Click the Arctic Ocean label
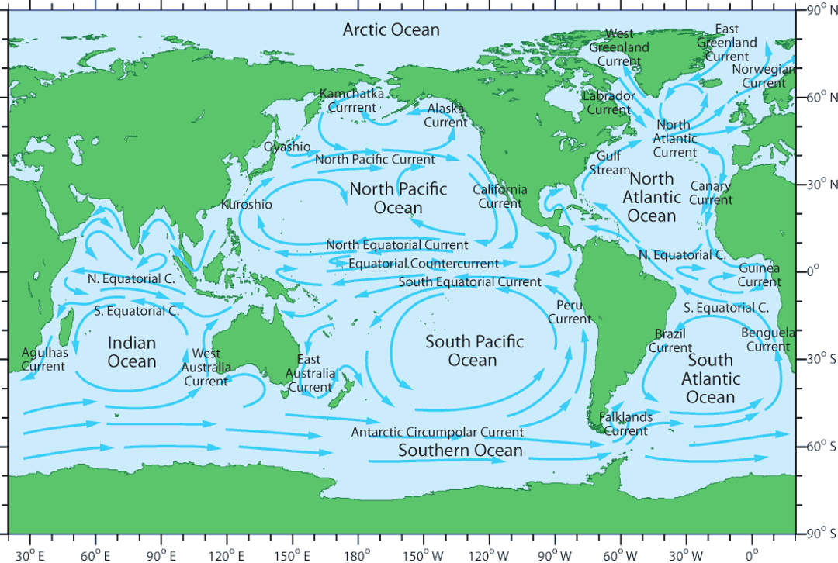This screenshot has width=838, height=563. point(391,30)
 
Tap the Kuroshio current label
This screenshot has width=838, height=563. point(247,205)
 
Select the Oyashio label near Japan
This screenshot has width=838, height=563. point(287,147)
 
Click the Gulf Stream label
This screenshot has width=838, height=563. point(610,163)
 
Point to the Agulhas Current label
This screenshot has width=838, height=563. point(44,359)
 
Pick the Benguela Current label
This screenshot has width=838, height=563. point(767,340)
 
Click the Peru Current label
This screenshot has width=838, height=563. point(570,312)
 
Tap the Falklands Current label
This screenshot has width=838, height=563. point(625,424)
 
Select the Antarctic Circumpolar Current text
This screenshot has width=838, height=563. point(437,432)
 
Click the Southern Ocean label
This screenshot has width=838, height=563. point(460,451)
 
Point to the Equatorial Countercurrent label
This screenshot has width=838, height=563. point(423,264)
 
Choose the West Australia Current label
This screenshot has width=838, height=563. point(206,368)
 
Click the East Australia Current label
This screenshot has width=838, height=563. point(309,373)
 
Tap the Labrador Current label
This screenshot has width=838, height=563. point(608,102)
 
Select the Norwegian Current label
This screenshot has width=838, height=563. point(764,76)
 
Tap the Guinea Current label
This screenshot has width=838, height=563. point(759,275)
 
